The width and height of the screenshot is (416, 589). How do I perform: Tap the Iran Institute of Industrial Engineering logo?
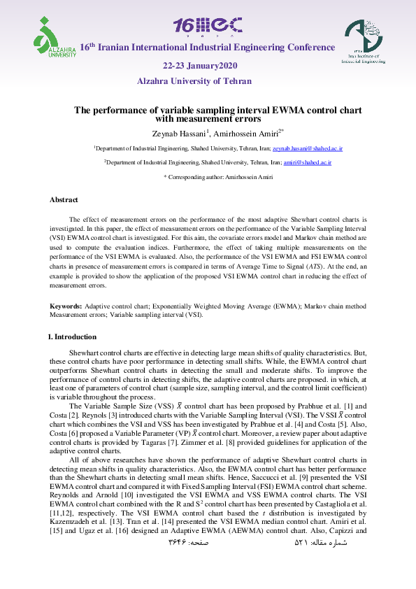[362, 43]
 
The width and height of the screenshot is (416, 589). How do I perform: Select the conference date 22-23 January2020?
[201, 65]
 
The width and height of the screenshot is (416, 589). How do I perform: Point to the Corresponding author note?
[208, 178]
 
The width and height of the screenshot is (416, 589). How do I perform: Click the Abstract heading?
[64, 200]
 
